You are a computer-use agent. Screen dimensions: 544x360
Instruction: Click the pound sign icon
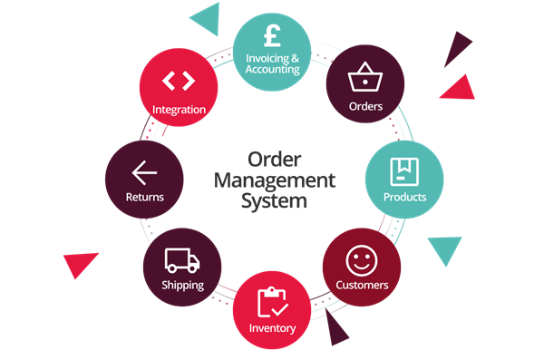(x=272, y=35)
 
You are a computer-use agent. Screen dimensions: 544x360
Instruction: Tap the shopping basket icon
(x=365, y=77)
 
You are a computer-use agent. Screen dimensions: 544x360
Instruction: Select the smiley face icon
(x=362, y=261)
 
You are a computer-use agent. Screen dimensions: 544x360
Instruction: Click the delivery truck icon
(x=182, y=260)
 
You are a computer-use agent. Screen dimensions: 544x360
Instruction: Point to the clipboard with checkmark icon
(x=272, y=302)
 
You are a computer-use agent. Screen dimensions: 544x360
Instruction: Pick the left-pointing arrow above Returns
(x=144, y=172)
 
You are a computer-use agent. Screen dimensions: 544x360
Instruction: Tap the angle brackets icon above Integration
(x=179, y=81)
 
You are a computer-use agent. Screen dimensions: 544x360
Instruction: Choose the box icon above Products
(x=404, y=172)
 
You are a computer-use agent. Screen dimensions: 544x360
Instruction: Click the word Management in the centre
(x=275, y=180)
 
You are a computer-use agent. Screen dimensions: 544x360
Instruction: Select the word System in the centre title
(x=274, y=201)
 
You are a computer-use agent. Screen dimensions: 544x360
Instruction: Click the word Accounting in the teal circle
(x=272, y=69)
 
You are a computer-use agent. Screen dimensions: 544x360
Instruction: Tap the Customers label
(x=362, y=285)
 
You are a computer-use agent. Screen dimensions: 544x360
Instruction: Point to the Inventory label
(x=272, y=328)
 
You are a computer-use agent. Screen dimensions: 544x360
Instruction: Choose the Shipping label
(x=183, y=286)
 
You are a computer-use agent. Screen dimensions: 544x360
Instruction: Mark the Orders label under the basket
(x=365, y=106)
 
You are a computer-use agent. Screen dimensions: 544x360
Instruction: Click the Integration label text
(x=179, y=110)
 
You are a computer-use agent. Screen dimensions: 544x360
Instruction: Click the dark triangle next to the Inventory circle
(x=335, y=328)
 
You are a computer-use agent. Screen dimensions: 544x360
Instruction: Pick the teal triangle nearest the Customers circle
(x=445, y=248)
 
